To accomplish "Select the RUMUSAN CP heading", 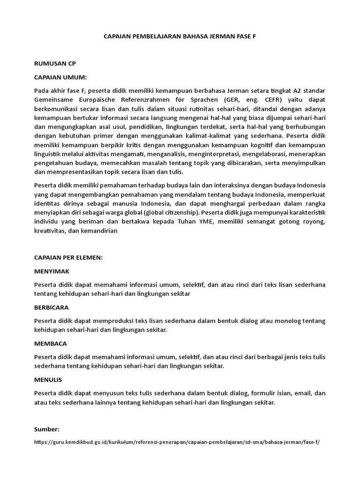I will coord(55,63).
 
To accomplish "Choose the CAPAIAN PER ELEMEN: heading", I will coord(68,257).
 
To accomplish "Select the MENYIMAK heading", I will coord(52,271).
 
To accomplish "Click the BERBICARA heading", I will coord(52,307).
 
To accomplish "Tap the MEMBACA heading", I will coord(50,343).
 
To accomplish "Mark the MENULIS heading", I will coord(48,379).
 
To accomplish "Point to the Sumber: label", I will coord(47,429).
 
